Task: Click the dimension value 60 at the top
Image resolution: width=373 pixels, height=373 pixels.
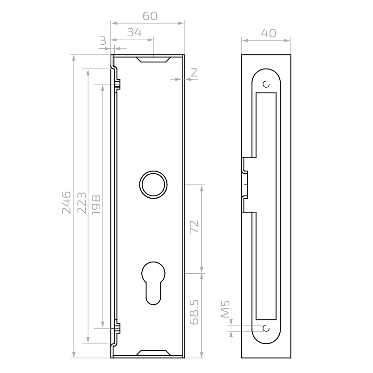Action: pos(150,16)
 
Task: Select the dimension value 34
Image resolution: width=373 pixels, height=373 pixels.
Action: pos(134,32)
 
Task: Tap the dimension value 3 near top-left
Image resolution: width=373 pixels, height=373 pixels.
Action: pos(103,41)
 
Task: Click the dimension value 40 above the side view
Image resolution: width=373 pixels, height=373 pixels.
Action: pos(268,33)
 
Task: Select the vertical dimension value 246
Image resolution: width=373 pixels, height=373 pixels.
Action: pos(67,202)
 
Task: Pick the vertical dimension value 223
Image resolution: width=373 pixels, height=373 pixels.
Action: pos(82,202)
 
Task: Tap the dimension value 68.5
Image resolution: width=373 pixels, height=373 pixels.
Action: pos(194,312)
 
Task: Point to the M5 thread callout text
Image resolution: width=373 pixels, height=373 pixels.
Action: pos(225,310)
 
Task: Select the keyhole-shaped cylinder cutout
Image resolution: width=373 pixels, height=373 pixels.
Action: pos(153,283)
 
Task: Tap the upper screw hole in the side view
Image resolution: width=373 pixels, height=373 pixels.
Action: pos(266,84)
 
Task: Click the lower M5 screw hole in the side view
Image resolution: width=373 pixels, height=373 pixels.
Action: pos(266,328)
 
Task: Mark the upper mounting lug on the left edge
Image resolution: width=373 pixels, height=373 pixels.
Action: pos(117,85)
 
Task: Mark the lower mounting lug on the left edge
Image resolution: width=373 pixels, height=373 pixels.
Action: pos(117,328)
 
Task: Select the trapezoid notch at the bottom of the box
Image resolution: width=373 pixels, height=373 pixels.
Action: pos(153,353)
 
